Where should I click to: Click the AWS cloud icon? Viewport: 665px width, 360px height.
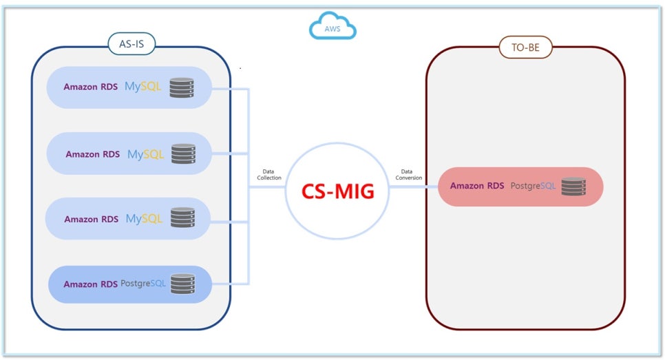coord(332,28)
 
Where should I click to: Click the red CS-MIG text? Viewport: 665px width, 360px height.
coord(338,191)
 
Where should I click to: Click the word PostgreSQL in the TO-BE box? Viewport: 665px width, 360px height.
coord(533,186)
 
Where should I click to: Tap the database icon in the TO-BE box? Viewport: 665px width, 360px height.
coord(573,187)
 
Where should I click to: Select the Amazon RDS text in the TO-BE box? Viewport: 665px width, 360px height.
coord(477,186)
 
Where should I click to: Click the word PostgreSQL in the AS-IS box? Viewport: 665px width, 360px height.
coord(143,284)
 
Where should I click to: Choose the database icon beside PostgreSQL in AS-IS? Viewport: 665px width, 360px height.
coord(182,284)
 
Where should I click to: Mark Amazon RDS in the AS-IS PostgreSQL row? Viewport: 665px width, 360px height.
coord(91,284)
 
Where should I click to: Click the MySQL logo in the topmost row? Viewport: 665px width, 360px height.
coord(142,87)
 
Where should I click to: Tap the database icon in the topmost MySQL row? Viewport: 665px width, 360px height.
coord(182,87)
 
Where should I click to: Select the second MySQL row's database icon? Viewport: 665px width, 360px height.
coord(183,153)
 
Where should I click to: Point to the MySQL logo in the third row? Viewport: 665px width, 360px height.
coord(144,219)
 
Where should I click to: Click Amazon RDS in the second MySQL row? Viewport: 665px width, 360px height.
coord(92,154)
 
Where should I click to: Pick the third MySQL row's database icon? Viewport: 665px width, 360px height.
coord(182,218)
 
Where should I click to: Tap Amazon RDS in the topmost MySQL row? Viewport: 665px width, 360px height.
coord(90,87)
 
